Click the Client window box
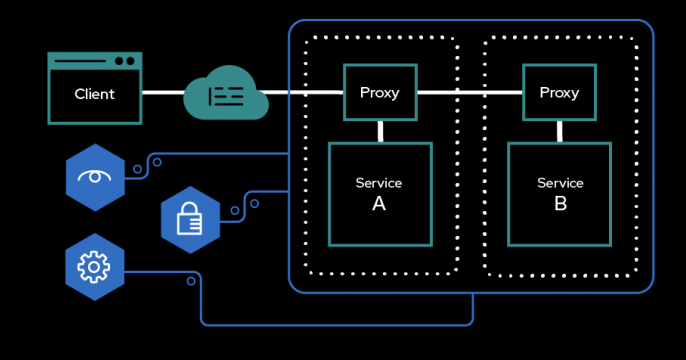pos(95,89)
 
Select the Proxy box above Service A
pos(379,93)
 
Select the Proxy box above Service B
pos(559,93)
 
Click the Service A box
pos(380,194)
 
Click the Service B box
pos(560,194)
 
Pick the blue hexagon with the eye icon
pos(95,177)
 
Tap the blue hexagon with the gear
pos(95,266)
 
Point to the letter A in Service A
pos(379,203)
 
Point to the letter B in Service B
pos(560,203)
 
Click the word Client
pos(95,94)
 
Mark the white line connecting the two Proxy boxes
pos(469,93)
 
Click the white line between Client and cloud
pos(163,93)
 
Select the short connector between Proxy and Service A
pos(380,131)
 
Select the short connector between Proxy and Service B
pos(560,131)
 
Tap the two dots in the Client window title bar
pos(124,61)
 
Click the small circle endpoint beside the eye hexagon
pos(136,170)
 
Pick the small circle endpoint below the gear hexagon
pos(191,281)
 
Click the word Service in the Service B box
pos(560,183)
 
